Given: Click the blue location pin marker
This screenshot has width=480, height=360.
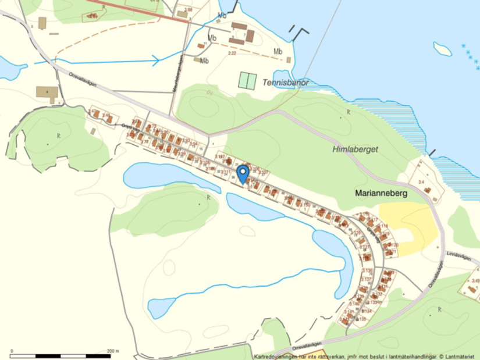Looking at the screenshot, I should (x=243, y=173).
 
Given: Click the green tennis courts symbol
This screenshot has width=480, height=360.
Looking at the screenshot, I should (x=247, y=80).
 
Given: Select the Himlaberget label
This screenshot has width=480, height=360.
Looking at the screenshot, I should (x=355, y=149).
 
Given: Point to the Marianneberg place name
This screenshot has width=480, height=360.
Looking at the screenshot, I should (x=381, y=192).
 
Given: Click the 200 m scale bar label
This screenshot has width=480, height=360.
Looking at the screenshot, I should (x=113, y=351).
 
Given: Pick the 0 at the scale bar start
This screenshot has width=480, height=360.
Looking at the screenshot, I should (x=12, y=351).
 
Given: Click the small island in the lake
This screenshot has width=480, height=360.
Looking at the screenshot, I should (x=442, y=48).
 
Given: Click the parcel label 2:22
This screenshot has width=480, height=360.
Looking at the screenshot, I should (x=232, y=54).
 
